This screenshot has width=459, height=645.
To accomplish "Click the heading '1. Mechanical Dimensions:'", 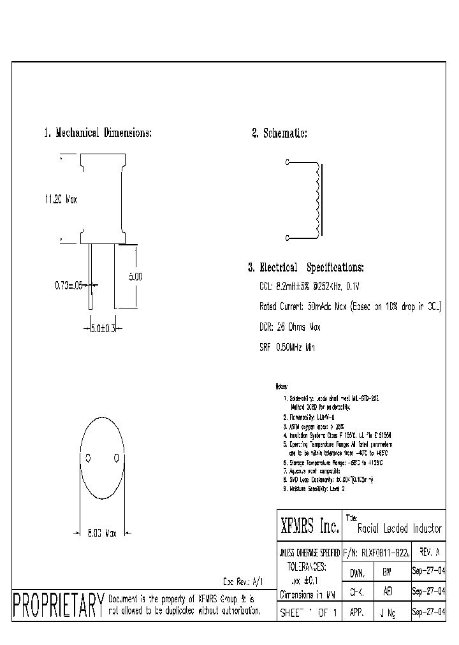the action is (x=98, y=133).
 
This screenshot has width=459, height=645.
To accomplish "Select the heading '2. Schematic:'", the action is (x=280, y=133).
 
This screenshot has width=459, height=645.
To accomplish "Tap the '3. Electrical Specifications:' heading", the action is (x=306, y=268).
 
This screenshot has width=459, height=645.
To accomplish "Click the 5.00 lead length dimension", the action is (x=135, y=277).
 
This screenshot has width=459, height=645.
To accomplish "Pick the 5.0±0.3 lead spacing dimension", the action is (x=103, y=328).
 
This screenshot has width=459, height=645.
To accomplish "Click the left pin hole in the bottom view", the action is (x=89, y=458).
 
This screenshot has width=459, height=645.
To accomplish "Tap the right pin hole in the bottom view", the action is (x=116, y=458).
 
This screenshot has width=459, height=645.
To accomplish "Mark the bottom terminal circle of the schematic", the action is (x=287, y=238).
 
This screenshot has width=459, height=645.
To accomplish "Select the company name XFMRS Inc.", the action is (x=309, y=527).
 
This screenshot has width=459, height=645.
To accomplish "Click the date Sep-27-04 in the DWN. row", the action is (x=428, y=572).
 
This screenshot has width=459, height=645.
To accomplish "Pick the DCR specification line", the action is (x=289, y=327).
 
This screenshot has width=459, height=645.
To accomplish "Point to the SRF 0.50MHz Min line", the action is (x=287, y=347).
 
